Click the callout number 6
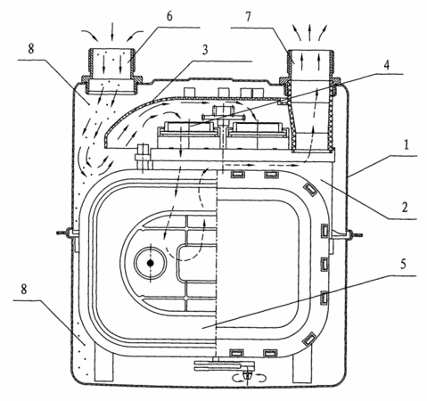[169, 16]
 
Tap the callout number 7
[249, 17]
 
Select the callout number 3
[205, 50]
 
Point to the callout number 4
[386, 65]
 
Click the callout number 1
[406, 145]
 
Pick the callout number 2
[405, 208]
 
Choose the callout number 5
[403, 264]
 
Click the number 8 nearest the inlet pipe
[31, 49]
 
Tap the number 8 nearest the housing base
[24, 289]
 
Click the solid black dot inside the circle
[151, 263]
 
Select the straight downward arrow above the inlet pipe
[112, 31]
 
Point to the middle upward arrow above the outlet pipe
[309, 32]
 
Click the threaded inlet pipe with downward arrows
[112, 71]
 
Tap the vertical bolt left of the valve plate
[144, 158]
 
